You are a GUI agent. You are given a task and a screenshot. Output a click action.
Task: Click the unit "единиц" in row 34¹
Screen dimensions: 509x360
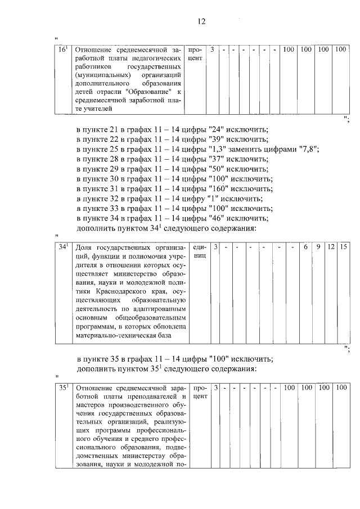pyautogui.click(x=200, y=251)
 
